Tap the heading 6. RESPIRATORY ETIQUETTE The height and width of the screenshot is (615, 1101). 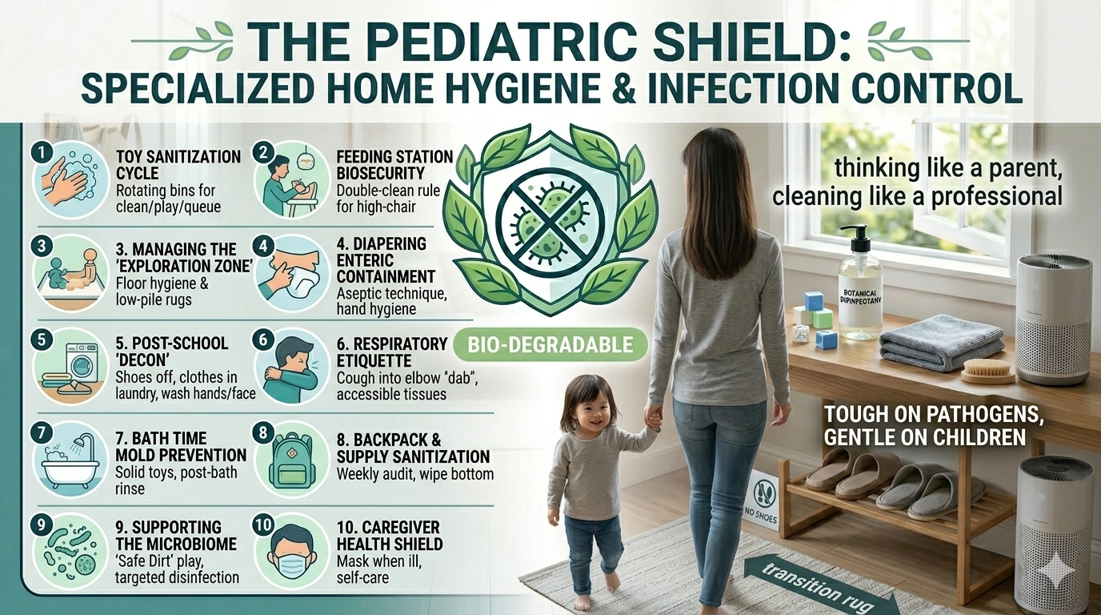391,352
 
